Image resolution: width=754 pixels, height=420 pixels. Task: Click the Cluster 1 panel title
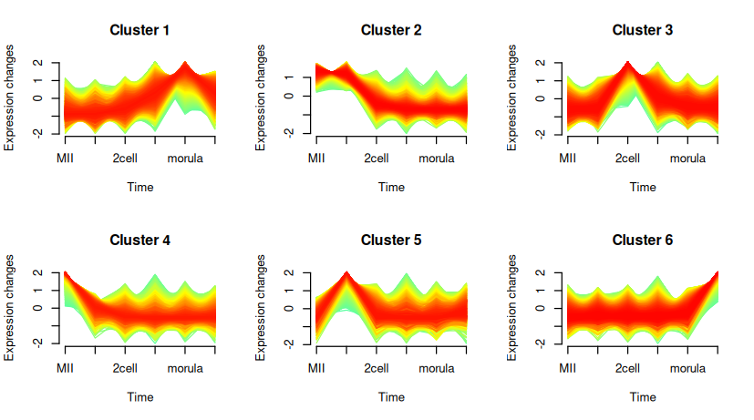(x=139, y=30)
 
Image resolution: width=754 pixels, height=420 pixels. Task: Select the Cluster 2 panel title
(x=391, y=30)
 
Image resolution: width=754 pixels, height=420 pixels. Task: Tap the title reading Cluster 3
(x=643, y=30)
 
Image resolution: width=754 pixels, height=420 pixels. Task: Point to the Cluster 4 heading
(x=139, y=241)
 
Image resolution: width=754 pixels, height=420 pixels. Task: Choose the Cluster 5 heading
(x=391, y=241)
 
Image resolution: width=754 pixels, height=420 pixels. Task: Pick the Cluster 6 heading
(x=643, y=241)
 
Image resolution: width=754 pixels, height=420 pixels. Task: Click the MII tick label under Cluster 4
(x=65, y=369)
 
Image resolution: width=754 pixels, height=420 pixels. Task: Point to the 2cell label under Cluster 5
(x=377, y=369)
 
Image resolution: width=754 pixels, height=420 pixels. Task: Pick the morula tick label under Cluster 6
(x=687, y=369)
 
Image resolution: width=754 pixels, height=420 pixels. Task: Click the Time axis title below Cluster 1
(x=139, y=187)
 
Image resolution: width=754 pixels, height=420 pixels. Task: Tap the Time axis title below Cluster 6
(x=643, y=397)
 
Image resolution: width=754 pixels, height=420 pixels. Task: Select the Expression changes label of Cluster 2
(x=261, y=97)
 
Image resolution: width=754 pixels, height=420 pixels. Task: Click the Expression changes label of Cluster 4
(x=9, y=308)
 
